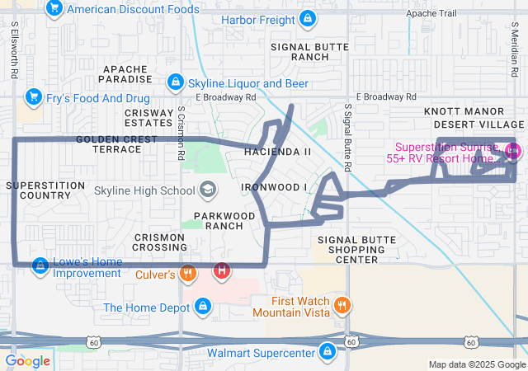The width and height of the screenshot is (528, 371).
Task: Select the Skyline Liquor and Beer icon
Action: tap(176, 82)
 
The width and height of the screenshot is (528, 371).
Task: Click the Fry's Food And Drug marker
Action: tap(34, 96)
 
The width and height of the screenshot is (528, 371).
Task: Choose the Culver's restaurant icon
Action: tap(188, 273)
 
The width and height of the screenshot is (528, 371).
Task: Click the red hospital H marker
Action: tap(222, 270)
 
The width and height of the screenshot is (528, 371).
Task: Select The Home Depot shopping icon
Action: tap(203, 308)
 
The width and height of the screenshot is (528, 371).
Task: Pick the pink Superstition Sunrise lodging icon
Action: tap(511, 151)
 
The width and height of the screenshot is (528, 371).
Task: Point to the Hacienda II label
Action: tap(278, 152)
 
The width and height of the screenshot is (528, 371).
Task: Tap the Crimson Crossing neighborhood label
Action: tap(158, 242)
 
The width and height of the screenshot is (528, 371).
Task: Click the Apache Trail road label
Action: tap(431, 13)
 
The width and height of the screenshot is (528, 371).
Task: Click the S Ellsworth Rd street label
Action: tap(15, 50)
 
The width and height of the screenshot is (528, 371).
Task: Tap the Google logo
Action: tap(28, 360)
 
